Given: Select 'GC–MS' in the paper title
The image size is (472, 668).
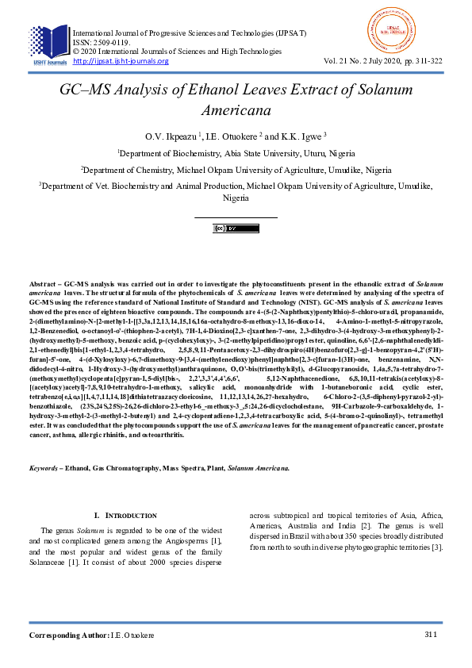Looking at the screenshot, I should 90,90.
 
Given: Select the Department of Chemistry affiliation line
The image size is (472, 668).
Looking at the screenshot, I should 236,170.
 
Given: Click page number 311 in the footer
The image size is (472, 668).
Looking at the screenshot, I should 431,634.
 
